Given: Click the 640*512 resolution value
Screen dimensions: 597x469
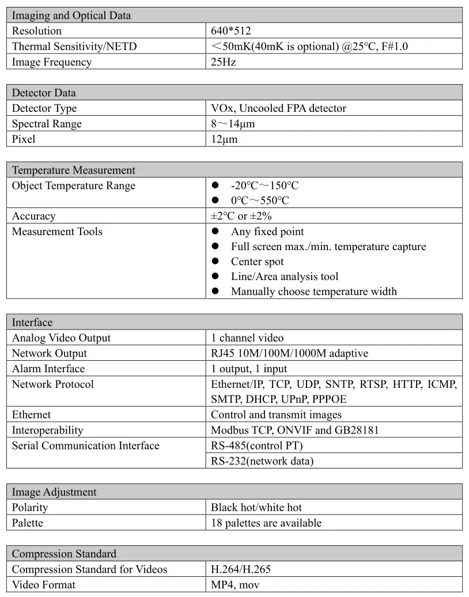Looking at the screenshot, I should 231,31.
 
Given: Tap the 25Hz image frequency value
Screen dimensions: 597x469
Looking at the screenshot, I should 224,62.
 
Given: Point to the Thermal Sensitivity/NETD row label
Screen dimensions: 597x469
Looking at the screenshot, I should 74,47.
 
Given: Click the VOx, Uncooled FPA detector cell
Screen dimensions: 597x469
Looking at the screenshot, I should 278,108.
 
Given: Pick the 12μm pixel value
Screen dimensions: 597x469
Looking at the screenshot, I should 224,139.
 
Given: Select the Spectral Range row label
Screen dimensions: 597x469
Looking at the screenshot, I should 47,124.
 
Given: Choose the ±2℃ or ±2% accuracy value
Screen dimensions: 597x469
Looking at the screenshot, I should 241,217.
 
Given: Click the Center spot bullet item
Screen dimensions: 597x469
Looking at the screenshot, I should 258,262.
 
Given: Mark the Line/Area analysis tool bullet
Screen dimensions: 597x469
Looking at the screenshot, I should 285,277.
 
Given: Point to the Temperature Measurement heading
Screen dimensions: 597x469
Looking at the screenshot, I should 74,171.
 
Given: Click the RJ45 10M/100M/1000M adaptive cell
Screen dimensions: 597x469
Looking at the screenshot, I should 289,353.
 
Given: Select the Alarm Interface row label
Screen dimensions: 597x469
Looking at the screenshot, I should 48,369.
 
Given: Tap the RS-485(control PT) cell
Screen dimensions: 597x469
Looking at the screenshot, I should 256,445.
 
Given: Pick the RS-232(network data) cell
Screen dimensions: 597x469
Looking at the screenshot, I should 262,461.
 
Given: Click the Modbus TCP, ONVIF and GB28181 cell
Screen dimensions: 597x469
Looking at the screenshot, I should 295,430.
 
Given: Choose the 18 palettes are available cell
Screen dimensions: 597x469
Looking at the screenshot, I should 266,523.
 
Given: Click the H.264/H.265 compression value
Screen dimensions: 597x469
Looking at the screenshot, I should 241,569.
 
